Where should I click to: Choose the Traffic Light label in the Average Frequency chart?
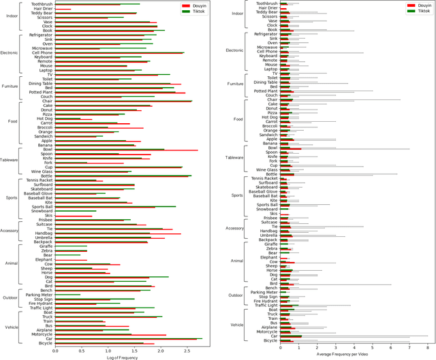pyautogui.click(x=262, y=306)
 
